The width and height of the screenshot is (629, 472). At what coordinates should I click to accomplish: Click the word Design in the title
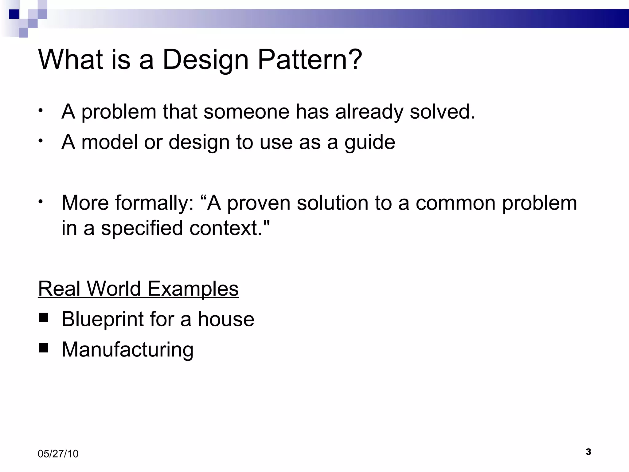[x=205, y=60]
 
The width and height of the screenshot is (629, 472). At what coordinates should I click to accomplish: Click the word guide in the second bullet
[x=370, y=142]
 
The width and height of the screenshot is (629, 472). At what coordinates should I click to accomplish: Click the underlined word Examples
[x=193, y=289]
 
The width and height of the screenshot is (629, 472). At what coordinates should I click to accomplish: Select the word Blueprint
[x=103, y=320]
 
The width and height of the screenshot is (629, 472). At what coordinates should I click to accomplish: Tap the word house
[x=226, y=319]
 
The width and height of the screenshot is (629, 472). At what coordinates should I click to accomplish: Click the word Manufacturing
[x=127, y=350]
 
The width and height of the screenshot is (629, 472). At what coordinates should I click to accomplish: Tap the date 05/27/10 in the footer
[x=58, y=454]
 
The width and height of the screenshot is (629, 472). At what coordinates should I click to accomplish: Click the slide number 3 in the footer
[x=588, y=452]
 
